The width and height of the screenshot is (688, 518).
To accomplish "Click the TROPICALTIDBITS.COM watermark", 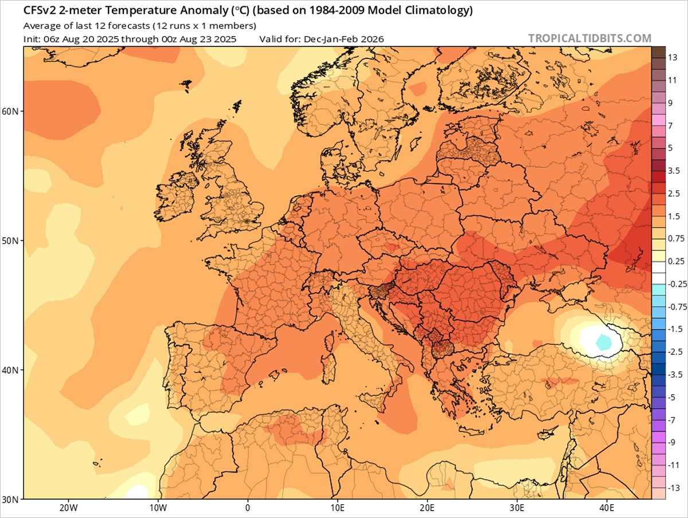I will pyautogui.click(x=589, y=38).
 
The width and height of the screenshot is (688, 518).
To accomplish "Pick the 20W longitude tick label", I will pyautogui.click(x=68, y=508).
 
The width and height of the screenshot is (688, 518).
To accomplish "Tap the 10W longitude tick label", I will pyautogui.click(x=158, y=508).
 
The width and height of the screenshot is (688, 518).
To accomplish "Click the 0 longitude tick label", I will pyautogui.click(x=248, y=508).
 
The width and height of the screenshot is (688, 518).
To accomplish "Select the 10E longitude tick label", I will pyautogui.click(x=337, y=508).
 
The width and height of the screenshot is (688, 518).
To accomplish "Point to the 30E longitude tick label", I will pyautogui.click(x=517, y=508).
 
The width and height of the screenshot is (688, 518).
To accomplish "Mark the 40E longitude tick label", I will pyautogui.click(x=607, y=508).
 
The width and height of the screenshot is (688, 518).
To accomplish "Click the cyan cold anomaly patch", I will pyautogui.click(x=603, y=342).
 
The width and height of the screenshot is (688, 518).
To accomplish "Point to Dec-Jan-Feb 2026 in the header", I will pyautogui.click(x=349, y=39).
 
